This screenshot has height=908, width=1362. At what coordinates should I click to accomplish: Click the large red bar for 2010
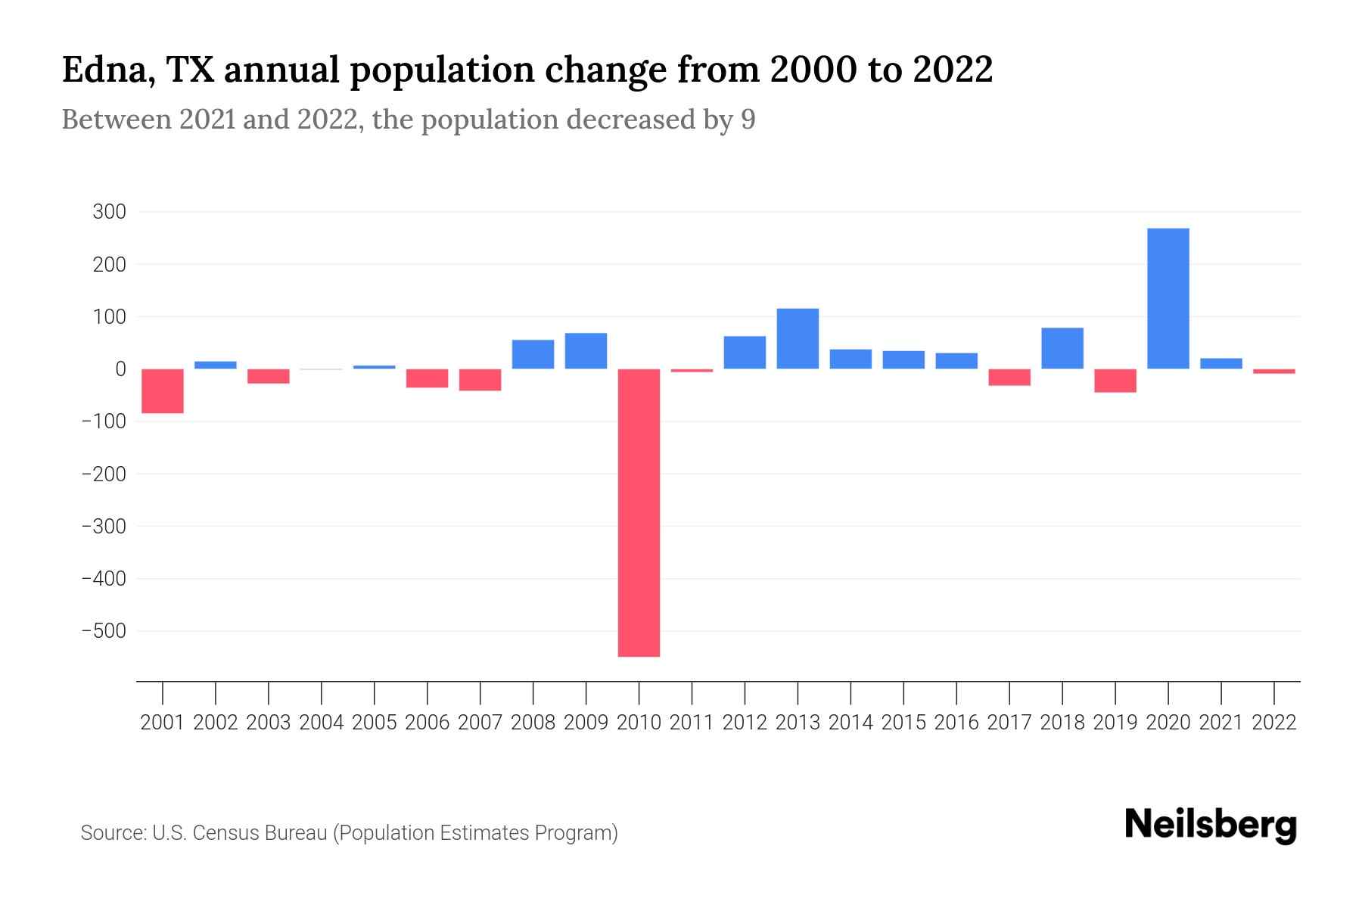pos(639,512)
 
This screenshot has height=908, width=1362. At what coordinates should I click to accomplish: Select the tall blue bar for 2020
pos(1168,298)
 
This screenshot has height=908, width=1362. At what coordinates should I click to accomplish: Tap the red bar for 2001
pos(163,390)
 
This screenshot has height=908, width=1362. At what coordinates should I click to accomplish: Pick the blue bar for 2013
pos(798,338)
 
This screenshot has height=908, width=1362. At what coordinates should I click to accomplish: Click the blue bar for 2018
pos(1062,348)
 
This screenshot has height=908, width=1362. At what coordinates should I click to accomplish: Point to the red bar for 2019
pos(1115,381)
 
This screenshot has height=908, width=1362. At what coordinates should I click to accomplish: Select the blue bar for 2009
pos(586,350)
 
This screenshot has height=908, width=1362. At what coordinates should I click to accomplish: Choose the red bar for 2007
pos(480,380)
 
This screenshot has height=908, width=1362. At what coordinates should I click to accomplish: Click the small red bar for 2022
pos(1273,372)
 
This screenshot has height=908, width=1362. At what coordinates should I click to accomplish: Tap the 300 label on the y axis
pos(109,212)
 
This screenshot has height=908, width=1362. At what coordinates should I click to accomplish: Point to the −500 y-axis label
pos(104,630)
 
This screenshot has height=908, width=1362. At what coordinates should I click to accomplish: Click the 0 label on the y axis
pos(120,369)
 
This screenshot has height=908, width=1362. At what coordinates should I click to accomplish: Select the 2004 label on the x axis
pos(321,723)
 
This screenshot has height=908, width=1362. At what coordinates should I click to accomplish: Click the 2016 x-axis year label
pos(956,723)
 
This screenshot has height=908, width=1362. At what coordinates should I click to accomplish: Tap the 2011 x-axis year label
pos(692,723)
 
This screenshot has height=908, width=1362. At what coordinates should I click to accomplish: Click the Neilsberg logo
pos(1211,825)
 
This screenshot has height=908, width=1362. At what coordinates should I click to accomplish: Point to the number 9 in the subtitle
pos(748,120)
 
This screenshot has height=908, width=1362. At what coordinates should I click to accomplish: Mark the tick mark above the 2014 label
pos(850,692)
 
